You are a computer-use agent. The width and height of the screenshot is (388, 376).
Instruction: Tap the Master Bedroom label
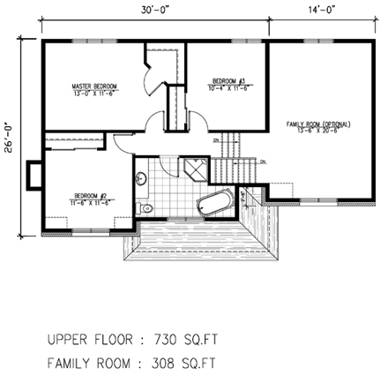click(x=93, y=86)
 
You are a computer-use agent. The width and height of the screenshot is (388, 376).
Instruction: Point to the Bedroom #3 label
click(x=225, y=84)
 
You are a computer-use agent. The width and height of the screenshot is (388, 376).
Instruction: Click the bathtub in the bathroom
click(x=213, y=205)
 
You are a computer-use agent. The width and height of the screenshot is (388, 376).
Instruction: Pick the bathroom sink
click(x=140, y=181)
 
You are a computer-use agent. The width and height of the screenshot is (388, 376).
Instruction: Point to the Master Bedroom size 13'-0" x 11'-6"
click(x=93, y=92)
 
